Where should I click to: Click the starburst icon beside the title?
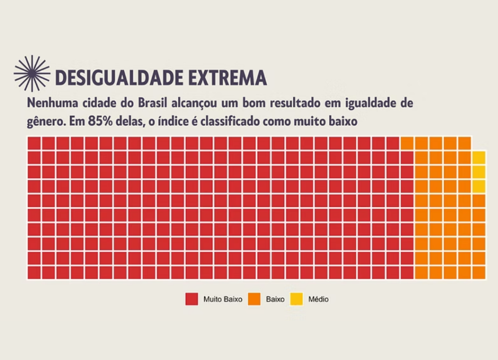point(32,73)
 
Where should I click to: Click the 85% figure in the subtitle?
point(100,121)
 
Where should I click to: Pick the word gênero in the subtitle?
point(44,122)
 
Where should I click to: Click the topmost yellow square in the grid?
point(479,158)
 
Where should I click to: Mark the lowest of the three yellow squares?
point(479,186)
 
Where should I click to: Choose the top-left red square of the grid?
point(34,144)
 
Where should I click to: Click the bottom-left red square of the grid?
point(34,272)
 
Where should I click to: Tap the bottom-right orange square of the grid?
point(479,272)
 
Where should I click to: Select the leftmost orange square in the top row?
point(408,144)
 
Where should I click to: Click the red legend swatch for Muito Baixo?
point(192,299)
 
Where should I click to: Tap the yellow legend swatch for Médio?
point(297,299)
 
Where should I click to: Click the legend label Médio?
point(319,299)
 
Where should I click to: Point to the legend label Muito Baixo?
point(223,299)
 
